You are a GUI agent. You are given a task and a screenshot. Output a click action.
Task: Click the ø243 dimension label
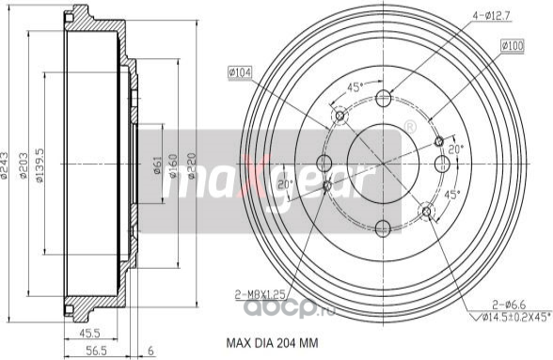coord(8,168)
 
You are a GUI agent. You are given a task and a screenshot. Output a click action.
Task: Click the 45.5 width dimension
coord(91,333)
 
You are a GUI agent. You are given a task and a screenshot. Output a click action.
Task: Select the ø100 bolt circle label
coord(513,44)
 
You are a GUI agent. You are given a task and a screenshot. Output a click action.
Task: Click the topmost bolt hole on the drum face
coord(384,99)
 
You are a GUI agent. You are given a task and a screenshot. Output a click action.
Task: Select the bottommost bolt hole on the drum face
coord(383,227)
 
